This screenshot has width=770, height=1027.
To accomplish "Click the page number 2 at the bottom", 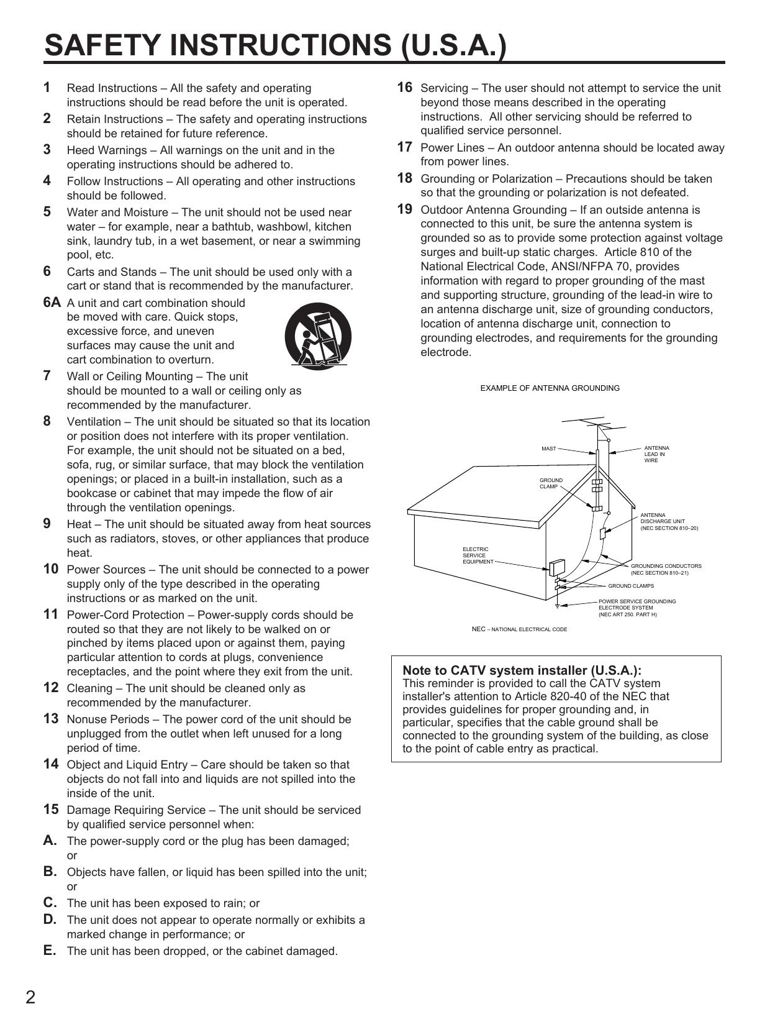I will [x=30, y=998].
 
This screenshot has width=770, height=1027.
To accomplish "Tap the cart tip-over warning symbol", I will [x=318, y=335].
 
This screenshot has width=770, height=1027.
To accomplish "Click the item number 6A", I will [x=52, y=303].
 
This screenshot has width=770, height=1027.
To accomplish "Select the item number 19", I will [x=404, y=209].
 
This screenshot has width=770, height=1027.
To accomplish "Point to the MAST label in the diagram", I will [x=548, y=449].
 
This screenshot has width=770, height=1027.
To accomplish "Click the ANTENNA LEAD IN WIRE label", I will [x=656, y=454].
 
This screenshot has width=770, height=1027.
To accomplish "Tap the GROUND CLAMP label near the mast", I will [x=551, y=483].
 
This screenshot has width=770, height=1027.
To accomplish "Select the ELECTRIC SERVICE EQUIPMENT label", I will [x=478, y=555].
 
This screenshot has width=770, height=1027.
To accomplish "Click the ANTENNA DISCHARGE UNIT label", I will [x=669, y=522].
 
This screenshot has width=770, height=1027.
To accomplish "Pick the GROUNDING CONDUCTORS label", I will [x=666, y=569].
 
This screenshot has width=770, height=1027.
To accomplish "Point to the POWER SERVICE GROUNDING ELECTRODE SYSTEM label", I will [x=636, y=608].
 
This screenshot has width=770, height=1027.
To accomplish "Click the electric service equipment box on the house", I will [x=556, y=567].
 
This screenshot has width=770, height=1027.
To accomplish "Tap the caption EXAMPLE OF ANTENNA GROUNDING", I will [x=550, y=388].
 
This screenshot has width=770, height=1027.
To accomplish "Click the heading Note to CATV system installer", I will [x=522, y=670].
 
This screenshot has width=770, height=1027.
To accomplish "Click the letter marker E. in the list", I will [x=50, y=951].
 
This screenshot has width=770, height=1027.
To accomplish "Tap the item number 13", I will [x=51, y=719].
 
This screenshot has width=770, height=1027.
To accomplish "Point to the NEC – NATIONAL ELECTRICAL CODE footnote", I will [x=519, y=629].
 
